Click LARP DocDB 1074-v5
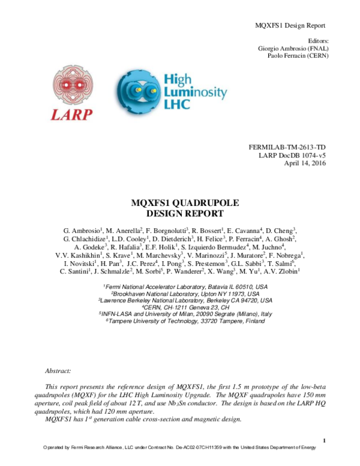coord(292,156)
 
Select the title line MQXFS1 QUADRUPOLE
coord(179,203)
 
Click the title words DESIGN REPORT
coord(179,213)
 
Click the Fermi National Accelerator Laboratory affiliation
coord(185,288)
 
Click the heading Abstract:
coord(58,372)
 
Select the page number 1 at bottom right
coord(323,442)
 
